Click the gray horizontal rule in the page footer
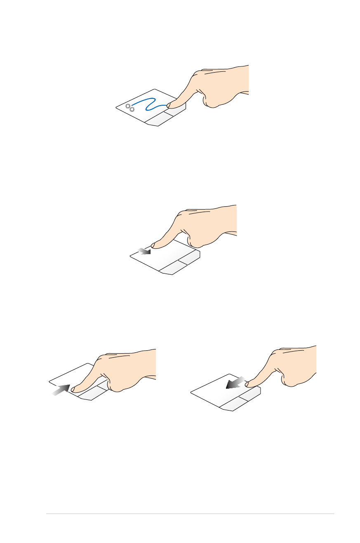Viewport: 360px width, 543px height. pos(190,514)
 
